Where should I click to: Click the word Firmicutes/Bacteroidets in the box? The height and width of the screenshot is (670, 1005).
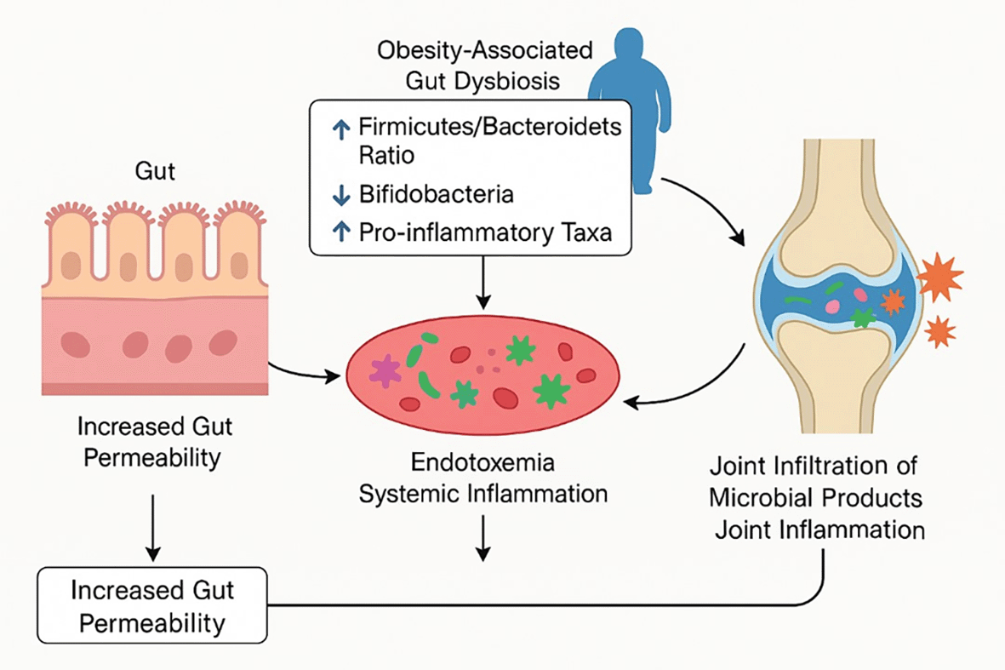(x=488, y=129)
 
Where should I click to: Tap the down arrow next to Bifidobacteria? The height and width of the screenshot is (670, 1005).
(x=341, y=195)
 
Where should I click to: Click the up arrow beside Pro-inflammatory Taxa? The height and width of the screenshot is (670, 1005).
(x=341, y=232)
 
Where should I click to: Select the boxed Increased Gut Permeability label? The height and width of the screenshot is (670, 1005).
(x=153, y=605)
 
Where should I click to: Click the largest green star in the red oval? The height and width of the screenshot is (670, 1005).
(x=551, y=390)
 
